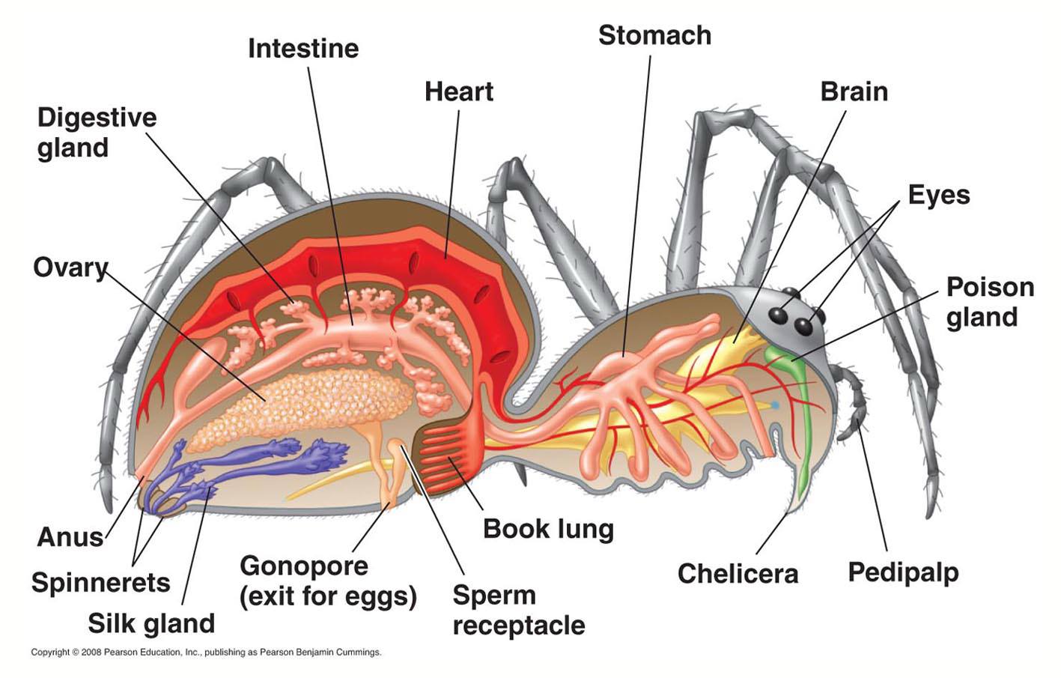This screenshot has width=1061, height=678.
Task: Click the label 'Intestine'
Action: point(303,49)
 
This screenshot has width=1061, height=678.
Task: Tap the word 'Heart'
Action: point(458,91)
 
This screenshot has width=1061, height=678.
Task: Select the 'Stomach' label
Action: point(654,35)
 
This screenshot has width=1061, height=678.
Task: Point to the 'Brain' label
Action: point(854,91)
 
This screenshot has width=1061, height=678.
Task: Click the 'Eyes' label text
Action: point(939,196)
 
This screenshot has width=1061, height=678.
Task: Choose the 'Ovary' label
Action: point(70,268)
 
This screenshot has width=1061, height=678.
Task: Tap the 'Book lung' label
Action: point(548,529)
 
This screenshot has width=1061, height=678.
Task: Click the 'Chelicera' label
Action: point(738,574)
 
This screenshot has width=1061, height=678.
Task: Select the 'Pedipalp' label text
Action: point(903,573)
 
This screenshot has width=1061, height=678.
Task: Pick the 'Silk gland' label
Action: point(151,623)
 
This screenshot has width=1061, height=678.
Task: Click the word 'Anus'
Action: point(70,537)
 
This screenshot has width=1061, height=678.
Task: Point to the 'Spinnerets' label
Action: point(100,582)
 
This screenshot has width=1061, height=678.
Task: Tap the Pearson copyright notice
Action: point(206,653)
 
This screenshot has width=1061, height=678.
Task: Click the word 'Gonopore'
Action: point(304,566)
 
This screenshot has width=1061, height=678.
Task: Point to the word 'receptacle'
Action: point(519,626)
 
